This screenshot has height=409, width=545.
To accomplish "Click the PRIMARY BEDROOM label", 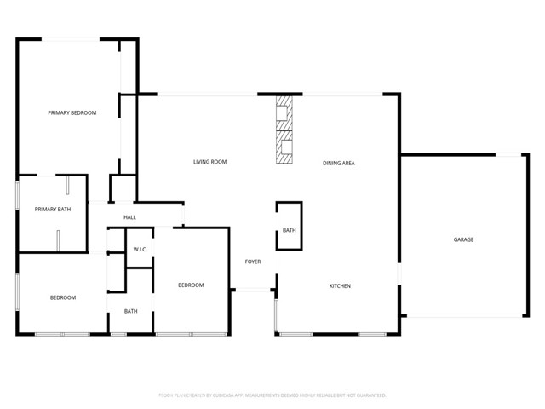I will pos(72,113).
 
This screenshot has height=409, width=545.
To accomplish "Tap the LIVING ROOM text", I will pos(209,162).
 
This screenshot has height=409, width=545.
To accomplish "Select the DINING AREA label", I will pos(339,162).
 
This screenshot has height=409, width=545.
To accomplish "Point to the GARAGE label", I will pos(463,239).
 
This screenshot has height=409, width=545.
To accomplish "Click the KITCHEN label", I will pos(340,286).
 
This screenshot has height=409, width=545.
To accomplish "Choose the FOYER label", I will pos(253,262).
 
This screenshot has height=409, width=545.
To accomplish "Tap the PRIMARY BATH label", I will pos(51,210).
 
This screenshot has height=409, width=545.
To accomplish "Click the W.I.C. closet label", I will pos(141,249).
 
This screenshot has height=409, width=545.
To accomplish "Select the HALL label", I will pos(129,218).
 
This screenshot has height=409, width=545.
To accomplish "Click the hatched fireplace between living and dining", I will pos(284,129).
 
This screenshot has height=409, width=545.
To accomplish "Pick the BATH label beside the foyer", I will pos(130,311).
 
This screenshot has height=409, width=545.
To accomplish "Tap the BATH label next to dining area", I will pos(289,230).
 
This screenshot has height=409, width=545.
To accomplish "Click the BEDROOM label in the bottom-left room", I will pos(62,297).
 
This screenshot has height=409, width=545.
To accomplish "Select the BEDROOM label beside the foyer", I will pos(191,285).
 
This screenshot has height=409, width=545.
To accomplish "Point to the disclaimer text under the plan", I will pos(272,395).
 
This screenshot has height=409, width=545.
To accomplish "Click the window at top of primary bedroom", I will pos(72,38).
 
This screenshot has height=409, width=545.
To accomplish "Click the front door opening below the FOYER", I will pos(252,291).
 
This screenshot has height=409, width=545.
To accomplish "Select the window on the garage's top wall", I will pos(508,154).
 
